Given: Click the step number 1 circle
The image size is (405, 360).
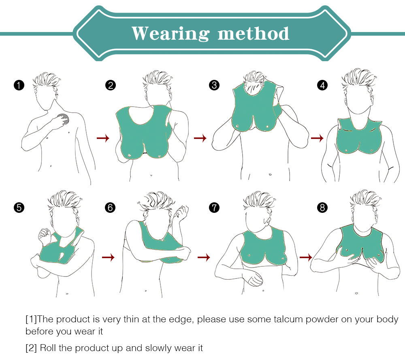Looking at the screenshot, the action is click(19, 85).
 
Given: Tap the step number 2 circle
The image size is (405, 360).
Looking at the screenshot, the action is click(111, 85).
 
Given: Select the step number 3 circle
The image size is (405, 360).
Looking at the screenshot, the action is click(214, 85).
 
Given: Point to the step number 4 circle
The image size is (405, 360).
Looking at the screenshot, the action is click(322, 85).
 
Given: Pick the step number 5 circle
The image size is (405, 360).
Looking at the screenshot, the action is click(19, 208).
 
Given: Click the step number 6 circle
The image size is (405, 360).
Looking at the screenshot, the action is click(110, 208).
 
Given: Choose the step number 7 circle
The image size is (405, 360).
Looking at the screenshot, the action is click(214, 208).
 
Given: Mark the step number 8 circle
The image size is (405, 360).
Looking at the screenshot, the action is click(322, 208).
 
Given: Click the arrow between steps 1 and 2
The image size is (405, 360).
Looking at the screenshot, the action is click(103, 138).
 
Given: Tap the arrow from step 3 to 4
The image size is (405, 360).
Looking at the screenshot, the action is click(317, 138).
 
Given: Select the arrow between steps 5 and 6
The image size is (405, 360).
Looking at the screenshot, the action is click(108, 257).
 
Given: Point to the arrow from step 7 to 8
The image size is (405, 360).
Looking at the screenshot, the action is click(306, 257).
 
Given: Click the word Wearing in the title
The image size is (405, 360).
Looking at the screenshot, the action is click(171, 34).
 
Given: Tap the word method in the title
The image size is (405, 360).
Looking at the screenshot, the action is click(254, 33).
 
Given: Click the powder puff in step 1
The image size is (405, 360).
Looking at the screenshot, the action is click(64, 119).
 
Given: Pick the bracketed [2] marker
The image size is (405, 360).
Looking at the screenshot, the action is click(31, 348).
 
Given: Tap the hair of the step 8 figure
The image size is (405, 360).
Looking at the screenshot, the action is click(365, 199).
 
